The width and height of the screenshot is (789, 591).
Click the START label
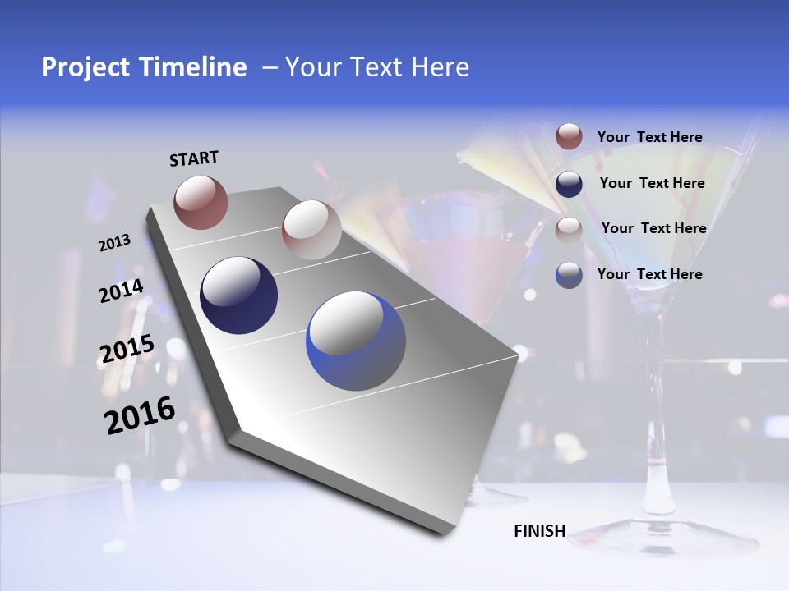pos(194,158)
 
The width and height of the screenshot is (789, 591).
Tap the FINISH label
pos(539,531)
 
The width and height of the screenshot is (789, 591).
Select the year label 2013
pos(114,243)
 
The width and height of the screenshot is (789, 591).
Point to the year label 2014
pos(121,291)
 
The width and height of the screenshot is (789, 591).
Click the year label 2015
pos(127,350)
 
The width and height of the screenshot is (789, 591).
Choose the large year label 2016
pos(139,415)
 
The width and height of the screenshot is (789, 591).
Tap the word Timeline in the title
pos(197,67)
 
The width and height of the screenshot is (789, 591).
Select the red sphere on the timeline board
pos(201,202)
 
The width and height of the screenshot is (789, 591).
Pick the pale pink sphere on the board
pos(311,229)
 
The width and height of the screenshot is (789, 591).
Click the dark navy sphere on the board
pos(238,295)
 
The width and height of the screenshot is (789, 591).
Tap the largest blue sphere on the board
pos(356,341)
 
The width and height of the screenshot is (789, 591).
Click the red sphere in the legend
pos(569,137)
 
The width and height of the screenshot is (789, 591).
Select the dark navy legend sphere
pos(569,183)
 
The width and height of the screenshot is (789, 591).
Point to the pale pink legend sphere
pos(569,229)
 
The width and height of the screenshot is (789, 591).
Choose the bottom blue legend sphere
pos(569,274)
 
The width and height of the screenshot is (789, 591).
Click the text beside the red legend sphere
pos(649,137)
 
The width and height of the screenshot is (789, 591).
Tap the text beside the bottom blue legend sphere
pos(649,274)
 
